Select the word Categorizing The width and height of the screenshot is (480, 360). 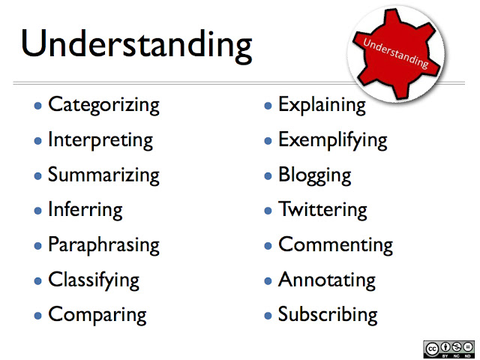tap(103, 105)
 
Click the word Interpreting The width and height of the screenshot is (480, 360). tap(100, 140)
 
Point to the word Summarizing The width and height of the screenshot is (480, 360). tap(103, 175)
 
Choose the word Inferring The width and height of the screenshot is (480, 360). tap(85, 210)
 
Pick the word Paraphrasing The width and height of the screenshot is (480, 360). tap(103, 245)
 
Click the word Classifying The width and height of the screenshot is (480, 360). tap(94, 280)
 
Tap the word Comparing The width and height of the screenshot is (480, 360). tap(97, 315)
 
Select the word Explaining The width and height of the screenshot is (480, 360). tap(322, 105)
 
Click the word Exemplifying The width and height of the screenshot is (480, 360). tap(332, 140)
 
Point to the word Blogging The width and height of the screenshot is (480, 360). tap(314, 175)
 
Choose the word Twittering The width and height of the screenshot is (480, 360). tap(322, 210)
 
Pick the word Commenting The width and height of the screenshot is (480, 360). tap(335, 245)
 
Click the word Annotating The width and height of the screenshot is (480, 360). tap(326, 280)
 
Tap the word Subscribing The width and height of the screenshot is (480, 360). tap(328, 315)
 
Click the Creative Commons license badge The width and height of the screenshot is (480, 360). tap(448, 349)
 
